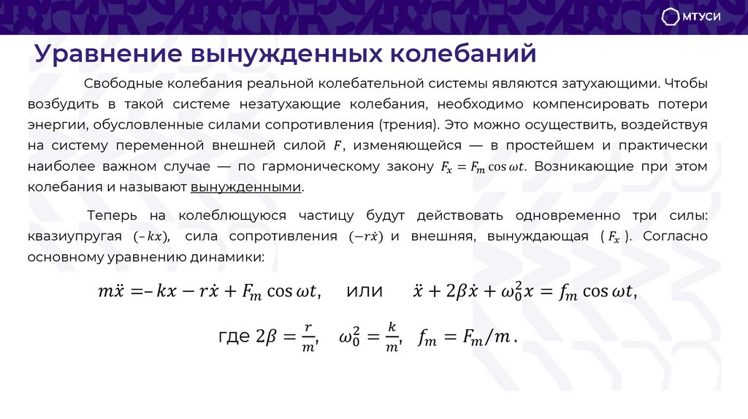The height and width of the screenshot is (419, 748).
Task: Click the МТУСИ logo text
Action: (x=701, y=18)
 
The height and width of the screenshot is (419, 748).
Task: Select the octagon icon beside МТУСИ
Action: (x=671, y=18)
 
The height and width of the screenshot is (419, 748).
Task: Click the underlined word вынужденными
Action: (x=246, y=187)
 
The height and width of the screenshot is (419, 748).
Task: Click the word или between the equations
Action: (x=365, y=291)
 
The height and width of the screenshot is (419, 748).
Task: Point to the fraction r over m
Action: (x=308, y=337)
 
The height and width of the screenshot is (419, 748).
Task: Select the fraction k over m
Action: (x=392, y=337)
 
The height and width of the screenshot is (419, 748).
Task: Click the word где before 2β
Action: (x=234, y=337)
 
